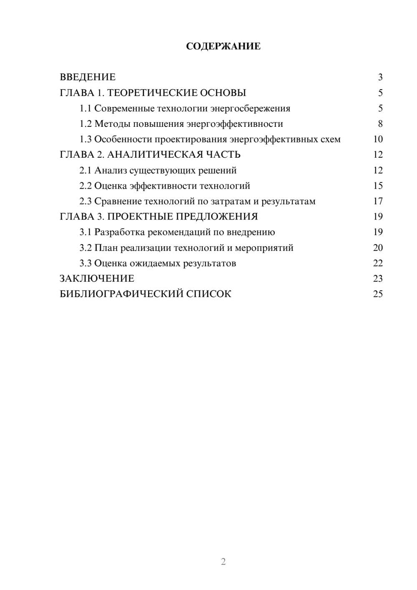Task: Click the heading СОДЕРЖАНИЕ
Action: pyautogui.click(x=223, y=46)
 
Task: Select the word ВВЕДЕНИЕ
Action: pyautogui.click(x=88, y=77)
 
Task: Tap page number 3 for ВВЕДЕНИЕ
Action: pyautogui.click(x=380, y=77)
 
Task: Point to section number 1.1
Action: pyautogui.click(x=85, y=108)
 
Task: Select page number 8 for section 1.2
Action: pyautogui.click(x=380, y=124)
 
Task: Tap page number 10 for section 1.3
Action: pyautogui.click(x=378, y=139)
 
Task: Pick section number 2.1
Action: pyautogui.click(x=85, y=170)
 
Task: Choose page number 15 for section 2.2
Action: pyautogui.click(x=378, y=186)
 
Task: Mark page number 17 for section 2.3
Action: pyautogui.click(x=378, y=202)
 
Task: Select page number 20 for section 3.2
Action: pyautogui.click(x=378, y=248)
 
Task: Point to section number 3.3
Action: pyautogui.click(x=85, y=263)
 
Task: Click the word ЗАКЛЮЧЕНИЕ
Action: pyautogui.click(x=97, y=278)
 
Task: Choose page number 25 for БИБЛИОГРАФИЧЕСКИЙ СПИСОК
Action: pyautogui.click(x=378, y=294)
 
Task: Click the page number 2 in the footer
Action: pyautogui.click(x=223, y=562)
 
